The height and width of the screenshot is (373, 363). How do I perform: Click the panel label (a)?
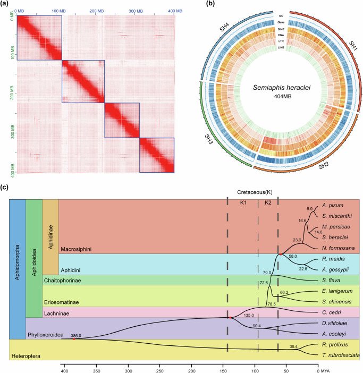click(5, 5)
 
